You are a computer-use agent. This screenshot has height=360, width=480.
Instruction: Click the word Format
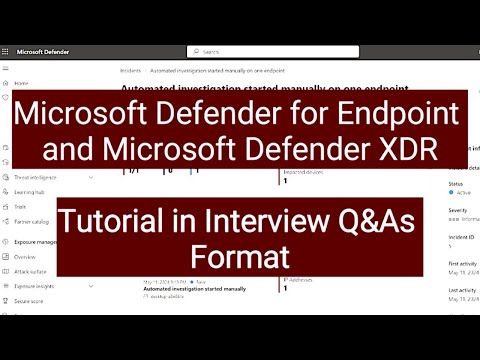coord(239,256)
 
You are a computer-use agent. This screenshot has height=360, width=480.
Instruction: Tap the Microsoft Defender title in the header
coord(45,51)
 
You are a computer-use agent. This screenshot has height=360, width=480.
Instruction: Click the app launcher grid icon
coord(8,51)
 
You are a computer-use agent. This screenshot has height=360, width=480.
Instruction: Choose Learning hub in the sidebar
coord(28,191)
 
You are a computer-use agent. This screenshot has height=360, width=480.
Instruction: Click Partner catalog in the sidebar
coord(31,221)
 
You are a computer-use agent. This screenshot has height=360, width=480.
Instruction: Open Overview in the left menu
coord(25,256)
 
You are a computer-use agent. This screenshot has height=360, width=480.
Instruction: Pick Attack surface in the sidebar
coord(30,271)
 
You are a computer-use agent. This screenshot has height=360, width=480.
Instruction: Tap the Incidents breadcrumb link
coord(127,72)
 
